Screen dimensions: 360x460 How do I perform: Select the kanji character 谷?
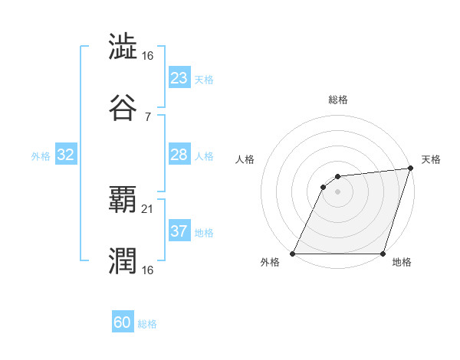[123, 107]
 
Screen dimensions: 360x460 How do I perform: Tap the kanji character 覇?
[123, 199]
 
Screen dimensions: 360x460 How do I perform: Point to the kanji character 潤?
[123, 260]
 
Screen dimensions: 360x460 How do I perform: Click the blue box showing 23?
[179, 77]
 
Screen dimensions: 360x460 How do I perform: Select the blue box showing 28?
[179, 155]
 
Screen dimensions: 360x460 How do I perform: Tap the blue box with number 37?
[179, 231]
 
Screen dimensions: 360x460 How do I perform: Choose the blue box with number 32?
[66, 155]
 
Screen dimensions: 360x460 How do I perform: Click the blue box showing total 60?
[123, 322]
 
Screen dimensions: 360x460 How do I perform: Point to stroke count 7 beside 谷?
[147, 116]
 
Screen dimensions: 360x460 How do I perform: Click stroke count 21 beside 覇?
[148, 208]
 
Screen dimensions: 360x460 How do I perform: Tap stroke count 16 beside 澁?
[148, 55]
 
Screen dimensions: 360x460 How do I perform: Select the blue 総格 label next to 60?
[148, 325]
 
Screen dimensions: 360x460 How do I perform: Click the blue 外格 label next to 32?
[41, 156]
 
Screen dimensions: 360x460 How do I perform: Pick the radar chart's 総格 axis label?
[337, 100]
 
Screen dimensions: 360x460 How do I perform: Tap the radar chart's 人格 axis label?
[246, 159]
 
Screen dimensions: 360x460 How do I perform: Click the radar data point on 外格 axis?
[293, 254]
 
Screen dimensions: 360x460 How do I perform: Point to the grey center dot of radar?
[337, 192]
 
